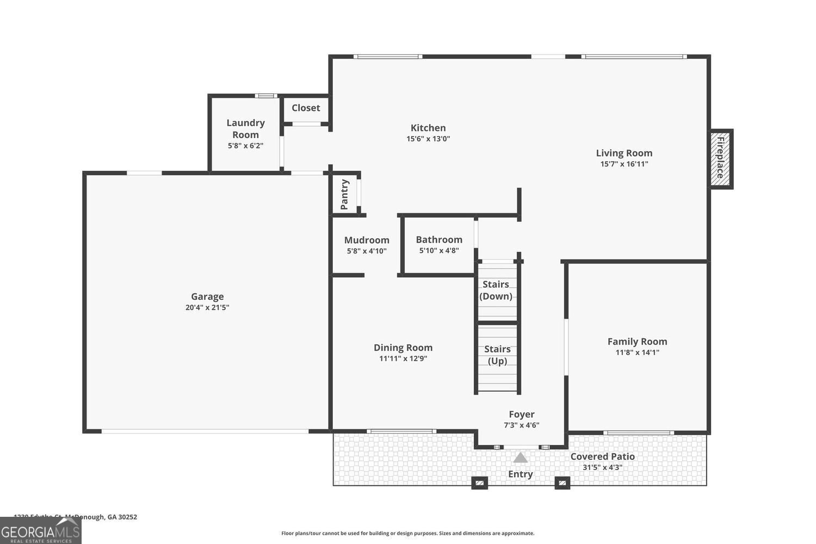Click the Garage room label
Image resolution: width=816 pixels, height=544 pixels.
[207, 296]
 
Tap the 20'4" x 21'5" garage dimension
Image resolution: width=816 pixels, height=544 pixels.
[207, 307]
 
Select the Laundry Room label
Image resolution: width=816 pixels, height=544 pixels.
[245, 129]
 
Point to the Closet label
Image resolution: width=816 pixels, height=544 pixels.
[306, 108]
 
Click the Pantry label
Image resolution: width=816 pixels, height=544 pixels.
[344, 194]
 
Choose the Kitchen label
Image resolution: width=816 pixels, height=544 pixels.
[428, 128]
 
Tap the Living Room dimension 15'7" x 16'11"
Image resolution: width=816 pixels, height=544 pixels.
[624, 164]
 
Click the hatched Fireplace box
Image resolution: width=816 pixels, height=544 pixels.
[720, 159]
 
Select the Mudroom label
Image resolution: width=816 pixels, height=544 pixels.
[367, 240]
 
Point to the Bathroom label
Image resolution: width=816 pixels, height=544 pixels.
[439, 239]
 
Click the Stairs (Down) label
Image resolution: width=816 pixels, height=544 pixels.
[496, 290]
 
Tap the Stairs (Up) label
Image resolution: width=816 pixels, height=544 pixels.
[497, 355]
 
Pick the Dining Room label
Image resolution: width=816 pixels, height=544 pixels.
[403, 348]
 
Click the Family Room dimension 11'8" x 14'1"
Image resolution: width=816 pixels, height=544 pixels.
[637, 352]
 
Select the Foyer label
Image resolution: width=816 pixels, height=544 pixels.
[522, 415]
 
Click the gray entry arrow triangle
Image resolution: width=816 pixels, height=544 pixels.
[521, 458]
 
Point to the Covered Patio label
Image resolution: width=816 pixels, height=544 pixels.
[602, 456]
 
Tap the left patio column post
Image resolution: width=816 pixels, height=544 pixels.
[479, 483]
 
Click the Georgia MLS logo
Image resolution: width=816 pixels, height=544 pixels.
[41, 530]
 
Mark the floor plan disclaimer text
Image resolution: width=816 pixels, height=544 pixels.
[407, 533]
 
